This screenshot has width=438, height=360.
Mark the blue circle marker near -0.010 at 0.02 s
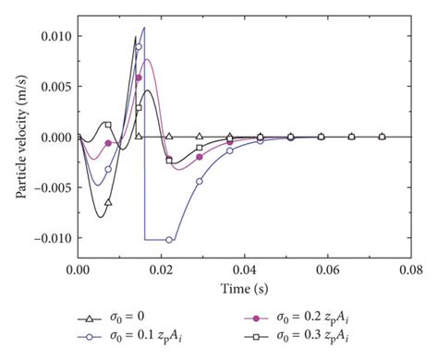click(x=169, y=239)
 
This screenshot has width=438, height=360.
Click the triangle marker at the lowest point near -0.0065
click(x=108, y=201)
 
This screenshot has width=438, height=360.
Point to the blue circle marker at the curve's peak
click(x=139, y=46)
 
